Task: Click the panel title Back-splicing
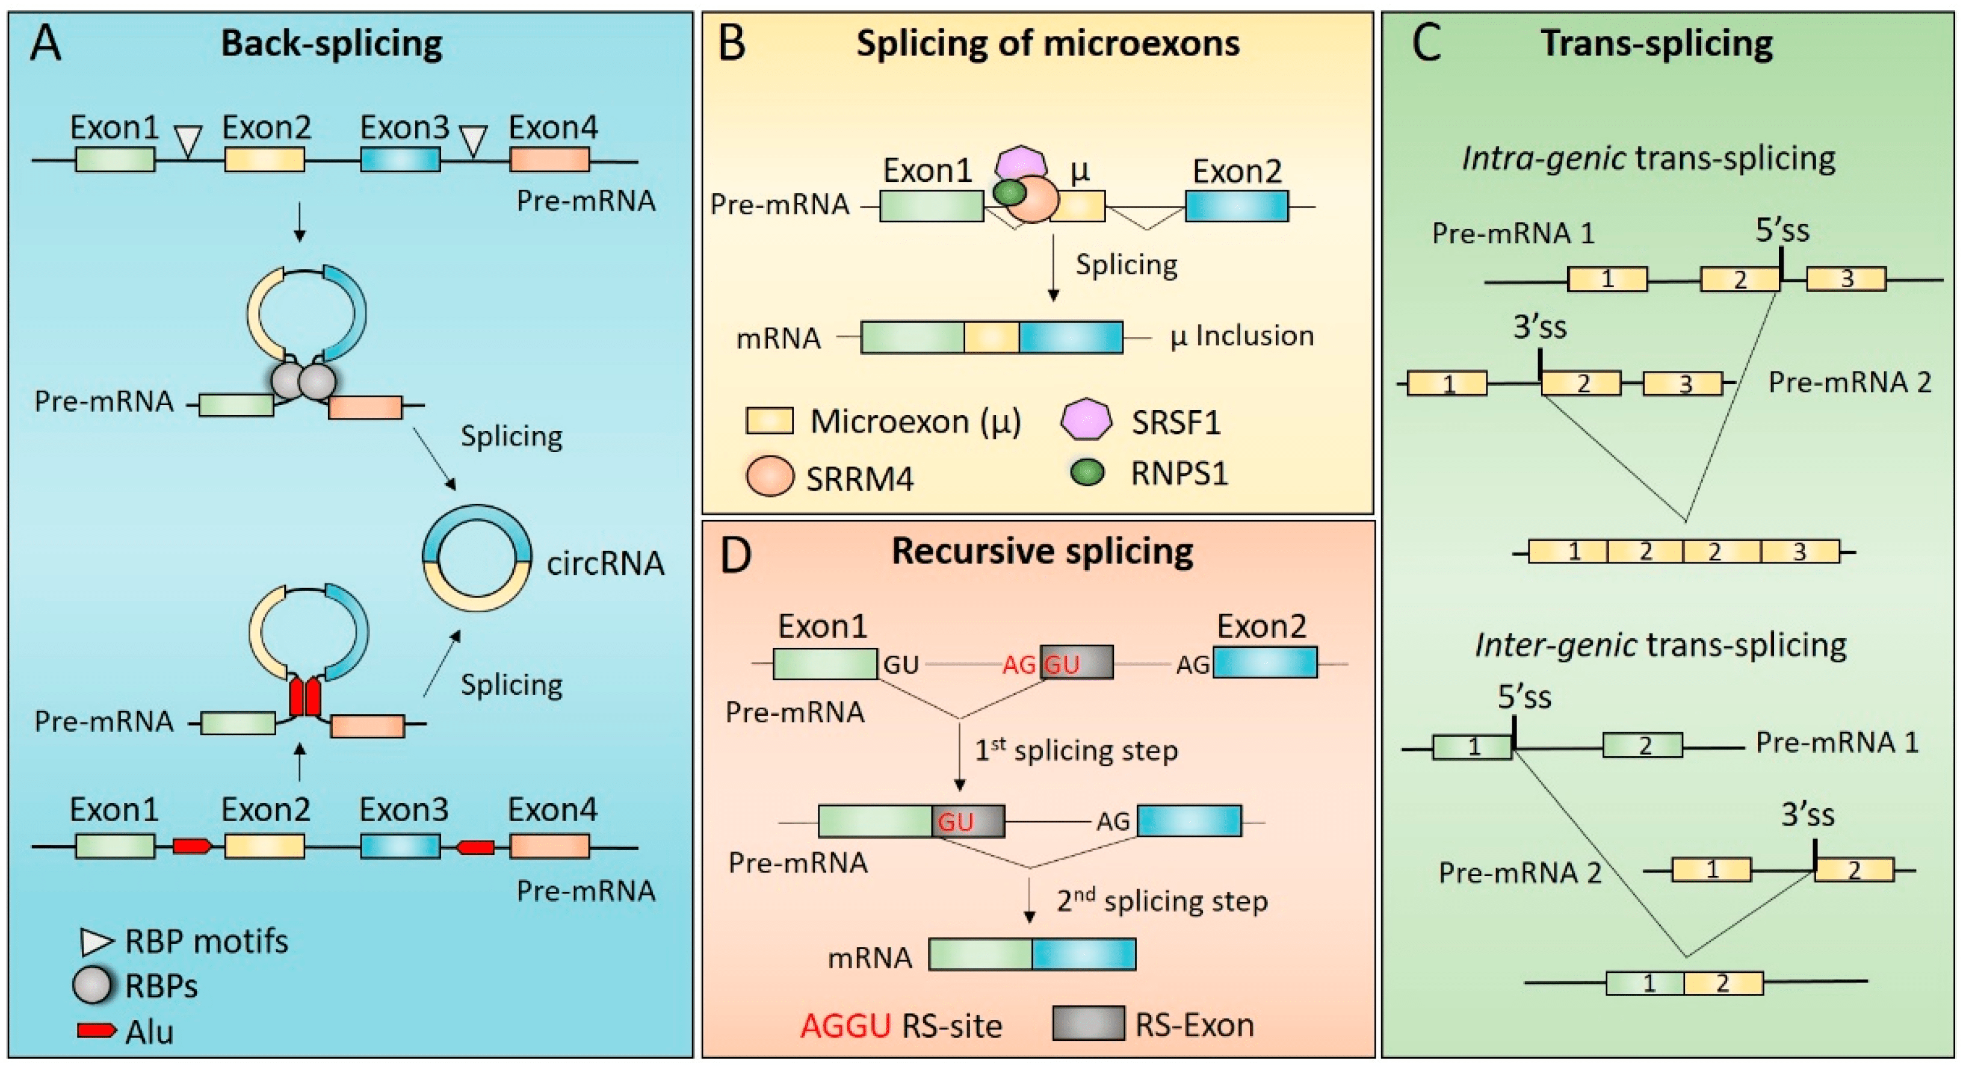tap(332, 43)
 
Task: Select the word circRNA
tap(605, 564)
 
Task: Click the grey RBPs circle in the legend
tap(92, 986)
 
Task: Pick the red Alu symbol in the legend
tap(96, 1031)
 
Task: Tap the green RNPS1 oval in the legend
tap(1087, 473)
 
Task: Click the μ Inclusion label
tap(1242, 336)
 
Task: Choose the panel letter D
tap(735, 556)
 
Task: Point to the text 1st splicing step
tap(1076, 751)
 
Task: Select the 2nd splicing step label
tap(1161, 901)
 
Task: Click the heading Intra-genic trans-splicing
tap(1648, 158)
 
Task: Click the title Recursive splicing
tap(1042, 551)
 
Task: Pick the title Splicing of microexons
tap(1048, 43)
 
